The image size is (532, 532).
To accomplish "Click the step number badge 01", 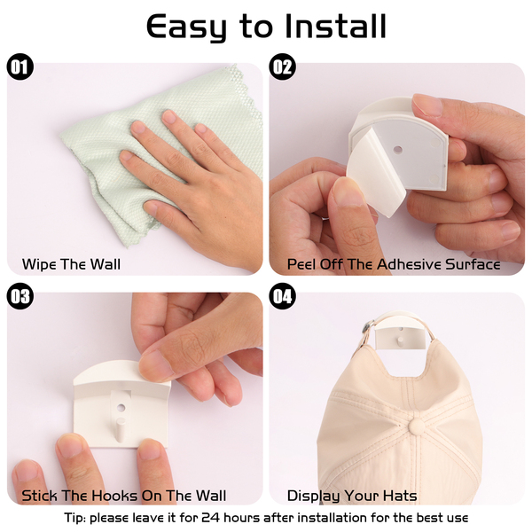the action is click(20, 66).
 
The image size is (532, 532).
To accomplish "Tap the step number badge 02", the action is click(282, 66).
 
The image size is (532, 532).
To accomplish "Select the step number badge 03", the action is click(20, 296).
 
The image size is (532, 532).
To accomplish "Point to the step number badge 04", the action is click(282, 296).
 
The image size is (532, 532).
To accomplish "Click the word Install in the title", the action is click(335, 26).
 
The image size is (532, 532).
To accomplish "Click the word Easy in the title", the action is click(186, 27).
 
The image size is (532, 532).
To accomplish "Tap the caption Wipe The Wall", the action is click(71, 264).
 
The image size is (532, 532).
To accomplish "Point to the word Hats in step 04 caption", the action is click(400, 496).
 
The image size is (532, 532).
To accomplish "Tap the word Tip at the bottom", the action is click(74, 519).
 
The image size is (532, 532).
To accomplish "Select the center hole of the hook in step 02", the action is click(397, 149).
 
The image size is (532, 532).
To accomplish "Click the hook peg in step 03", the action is click(121, 429).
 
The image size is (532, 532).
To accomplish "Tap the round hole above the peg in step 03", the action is click(121, 407).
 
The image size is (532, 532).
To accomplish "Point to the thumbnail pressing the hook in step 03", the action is click(155, 364).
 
